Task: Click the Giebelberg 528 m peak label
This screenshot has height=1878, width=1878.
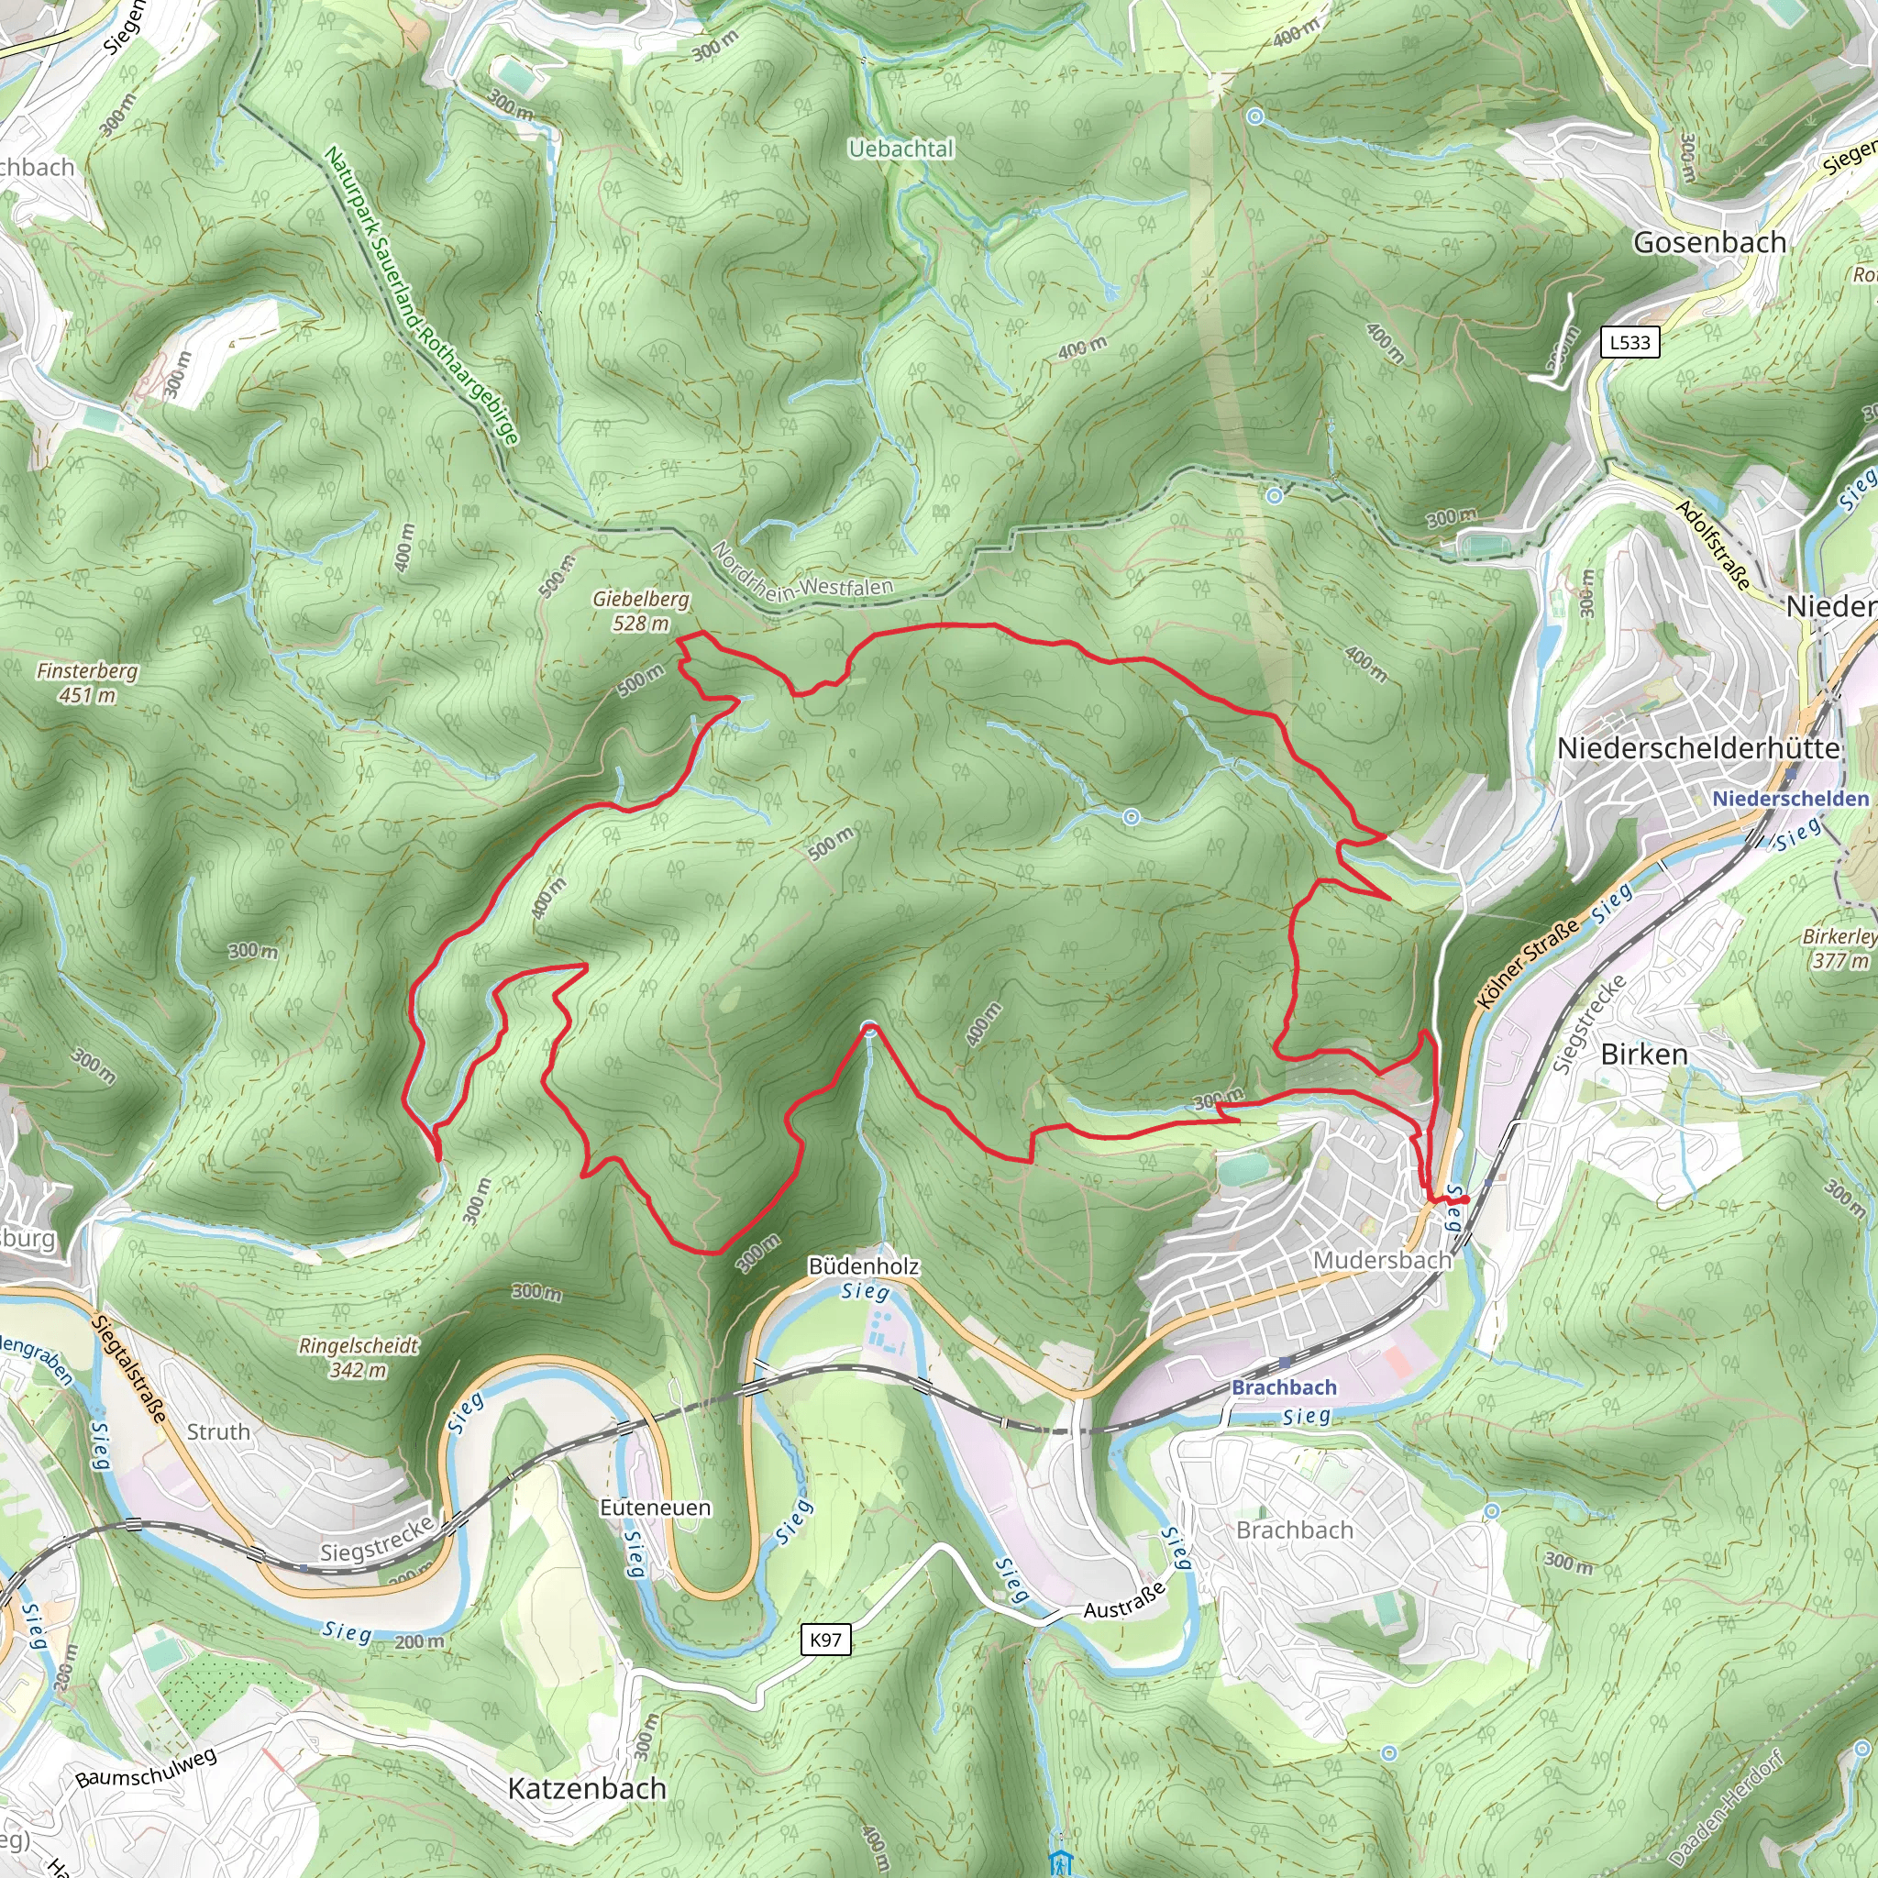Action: pyautogui.click(x=641, y=611)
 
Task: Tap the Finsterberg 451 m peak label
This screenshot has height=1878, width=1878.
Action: pyautogui.click(x=87, y=682)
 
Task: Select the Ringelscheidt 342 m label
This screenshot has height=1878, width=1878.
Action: pyautogui.click(x=359, y=1357)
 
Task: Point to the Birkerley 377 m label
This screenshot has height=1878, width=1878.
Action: pyautogui.click(x=1839, y=948)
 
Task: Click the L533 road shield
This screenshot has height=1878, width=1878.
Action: pyautogui.click(x=1629, y=342)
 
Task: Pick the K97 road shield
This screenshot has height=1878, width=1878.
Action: pyautogui.click(x=825, y=1640)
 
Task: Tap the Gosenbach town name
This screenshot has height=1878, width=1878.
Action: pyautogui.click(x=1709, y=242)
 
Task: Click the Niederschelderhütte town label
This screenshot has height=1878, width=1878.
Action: pyautogui.click(x=1698, y=747)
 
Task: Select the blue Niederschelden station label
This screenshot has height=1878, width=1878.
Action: pyautogui.click(x=1791, y=798)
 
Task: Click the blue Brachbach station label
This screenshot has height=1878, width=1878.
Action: pyautogui.click(x=1284, y=1387)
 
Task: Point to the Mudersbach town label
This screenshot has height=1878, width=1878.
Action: pyautogui.click(x=1381, y=1260)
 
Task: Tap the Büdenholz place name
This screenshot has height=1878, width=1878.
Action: pyautogui.click(x=863, y=1265)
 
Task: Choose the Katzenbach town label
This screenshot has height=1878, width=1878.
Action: pyautogui.click(x=587, y=1788)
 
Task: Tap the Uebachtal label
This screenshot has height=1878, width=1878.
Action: pyautogui.click(x=901, y=149)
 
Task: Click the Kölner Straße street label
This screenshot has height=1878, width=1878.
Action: pyautogui.click(x=1527, y=964)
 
